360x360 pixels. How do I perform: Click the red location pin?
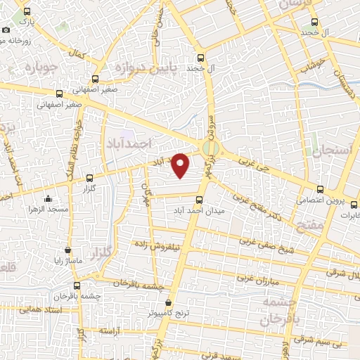pyautogui.click(x=181, y=165)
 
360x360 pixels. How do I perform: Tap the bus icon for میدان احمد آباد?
pyautogui.click(x=199, y=199)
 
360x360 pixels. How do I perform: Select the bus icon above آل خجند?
pyautogui.click(x=202, y=58)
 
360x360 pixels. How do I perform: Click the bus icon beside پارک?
pyautogui.click(x=27, y=12)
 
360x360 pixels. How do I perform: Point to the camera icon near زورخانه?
pyautogui.click(x=6, y=30)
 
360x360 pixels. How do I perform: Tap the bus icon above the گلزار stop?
pyautogui.click(x=89, y=179)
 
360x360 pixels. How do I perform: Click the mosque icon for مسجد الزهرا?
pyautogui.click(x=47, y=199)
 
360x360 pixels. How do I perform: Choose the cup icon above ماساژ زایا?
pyautogui.click(x=67, y=250)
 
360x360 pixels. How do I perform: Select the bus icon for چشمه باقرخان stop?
pyautogui.click(x=77, y=285)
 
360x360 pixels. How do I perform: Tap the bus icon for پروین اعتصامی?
pyautogui.click(x=321, y=189)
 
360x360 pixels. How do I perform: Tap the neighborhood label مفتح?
pyautogui.click(x=310, y=226)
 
